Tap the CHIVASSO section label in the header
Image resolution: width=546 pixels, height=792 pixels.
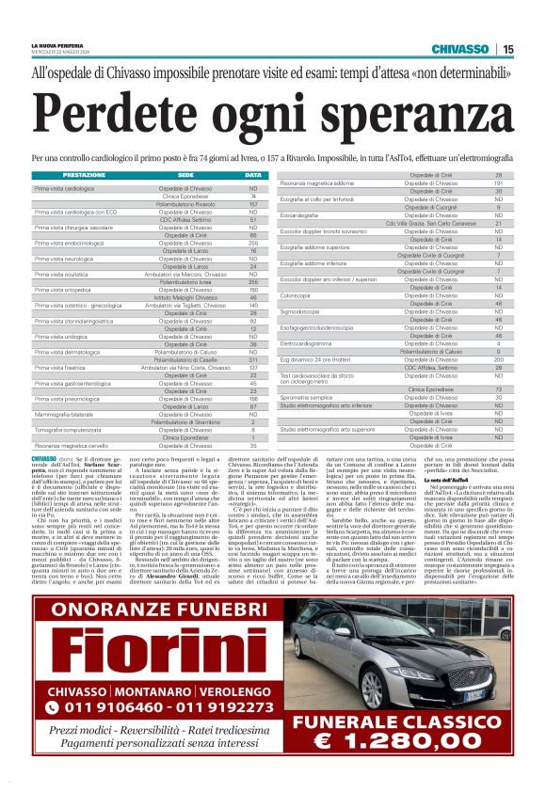(x=459, y=49)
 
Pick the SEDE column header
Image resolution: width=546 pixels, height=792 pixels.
(x=185, y=176)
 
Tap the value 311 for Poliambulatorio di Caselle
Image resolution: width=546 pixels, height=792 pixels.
(x=253, y=359)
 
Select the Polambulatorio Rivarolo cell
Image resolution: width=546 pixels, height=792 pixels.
(x=185, y=203)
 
